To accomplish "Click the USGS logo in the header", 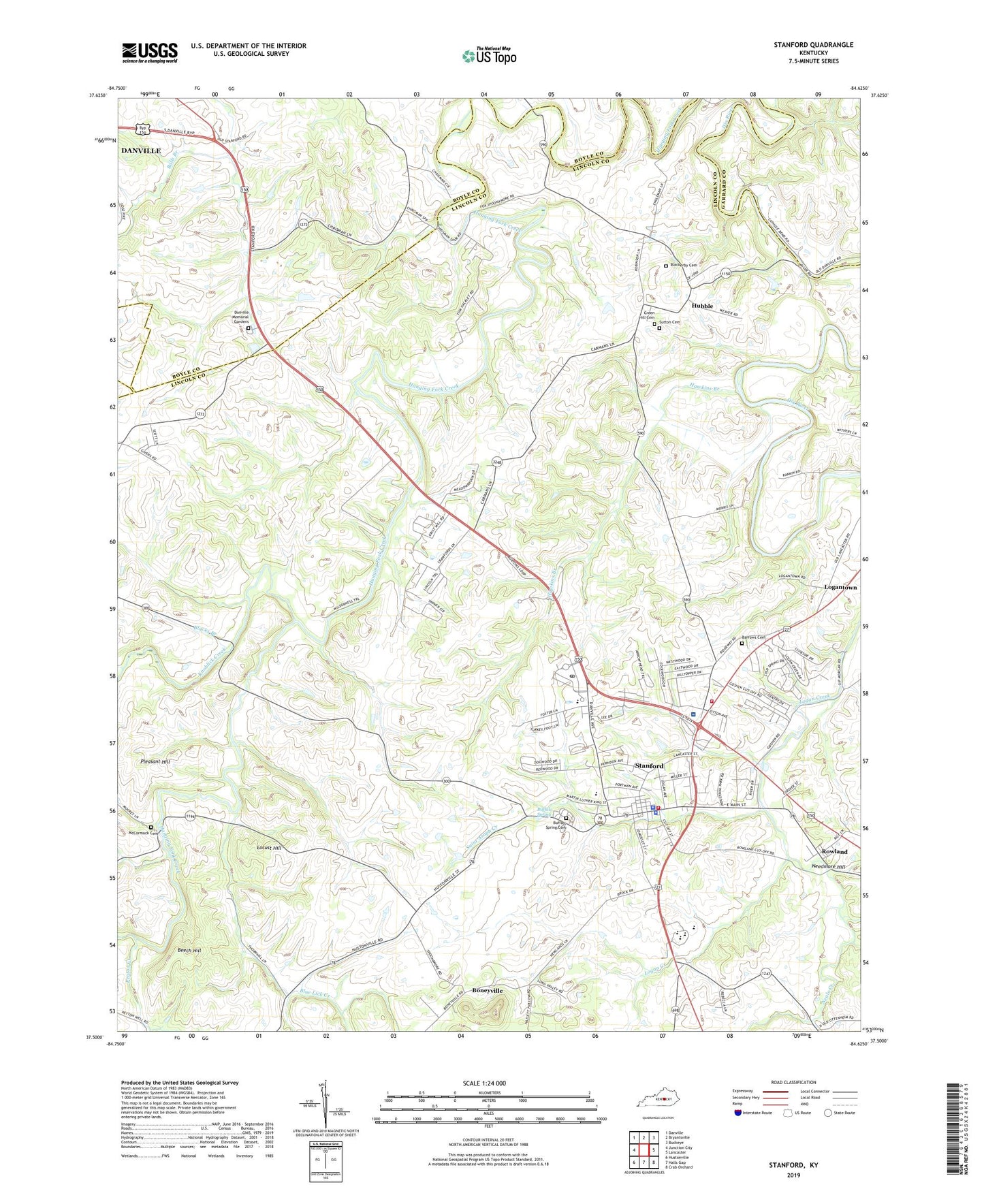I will click(x=150, y=52).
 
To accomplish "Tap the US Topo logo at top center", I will click(x=489, y=56).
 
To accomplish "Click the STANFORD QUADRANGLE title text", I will click(x=813, y=45).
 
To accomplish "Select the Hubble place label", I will click(x=702, y=306).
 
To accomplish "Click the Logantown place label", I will click(x=840, y=587).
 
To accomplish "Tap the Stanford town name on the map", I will click(x=648, y=766).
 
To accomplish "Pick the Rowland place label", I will click(x=834, y=852).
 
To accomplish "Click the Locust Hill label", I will click(x=268, y=848).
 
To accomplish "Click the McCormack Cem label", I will click(x=143, y=834).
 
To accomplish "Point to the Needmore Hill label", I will click(x=829, y=867).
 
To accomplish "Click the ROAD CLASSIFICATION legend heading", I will click(x=793, y=1082).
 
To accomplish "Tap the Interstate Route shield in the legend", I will click(x=739, y=1113).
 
